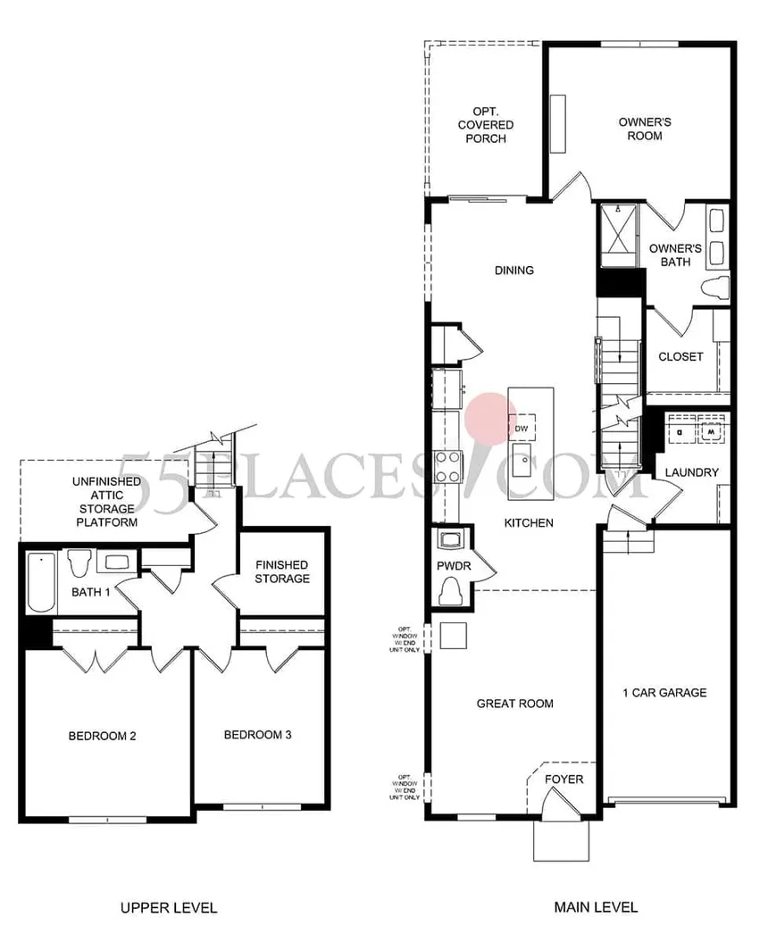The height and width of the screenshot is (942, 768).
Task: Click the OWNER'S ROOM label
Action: (x=640, y=129)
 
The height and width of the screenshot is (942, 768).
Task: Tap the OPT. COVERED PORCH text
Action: (x=485, y=125)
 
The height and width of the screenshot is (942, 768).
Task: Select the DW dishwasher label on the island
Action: (x=522, y=429)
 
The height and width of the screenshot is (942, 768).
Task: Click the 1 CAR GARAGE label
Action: (x=664, y=692)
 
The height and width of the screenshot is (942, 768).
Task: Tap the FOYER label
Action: (x=564, y=779)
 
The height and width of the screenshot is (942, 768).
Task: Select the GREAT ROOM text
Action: (x=514, y=704)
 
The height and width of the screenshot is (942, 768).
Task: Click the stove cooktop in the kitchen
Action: (x=447, y=464)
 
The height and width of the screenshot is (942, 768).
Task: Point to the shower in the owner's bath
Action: (x=616, y=234)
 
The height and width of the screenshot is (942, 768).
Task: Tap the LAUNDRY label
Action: (x=691, y=472)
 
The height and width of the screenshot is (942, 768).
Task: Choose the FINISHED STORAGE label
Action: (x=281, y=571)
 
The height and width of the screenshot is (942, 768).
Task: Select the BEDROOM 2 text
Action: (x=102, y=737)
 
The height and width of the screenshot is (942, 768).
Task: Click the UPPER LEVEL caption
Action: (x=169, y=908)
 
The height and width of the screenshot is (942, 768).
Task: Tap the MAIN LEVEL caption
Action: (x=596, y=908)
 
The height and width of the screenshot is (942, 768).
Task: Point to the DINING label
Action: (x=513, y=271)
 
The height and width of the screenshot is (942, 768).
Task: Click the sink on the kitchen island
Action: (x=521, y=464)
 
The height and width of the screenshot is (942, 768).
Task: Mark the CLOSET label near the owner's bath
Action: (x=680, y=356)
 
